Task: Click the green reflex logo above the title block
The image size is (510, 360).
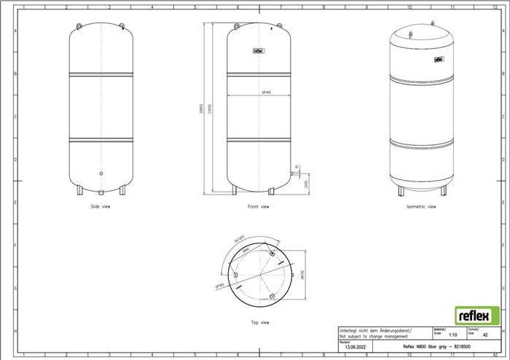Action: point(477,315)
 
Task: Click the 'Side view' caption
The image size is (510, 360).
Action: point(101,207)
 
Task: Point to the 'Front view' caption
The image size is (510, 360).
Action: point(258,207)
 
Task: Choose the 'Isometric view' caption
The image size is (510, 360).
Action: point(421,207)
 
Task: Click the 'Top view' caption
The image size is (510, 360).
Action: point(259,321)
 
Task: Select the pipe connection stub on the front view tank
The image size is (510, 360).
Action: point(293,173)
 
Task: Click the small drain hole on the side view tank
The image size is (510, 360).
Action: point(101,173)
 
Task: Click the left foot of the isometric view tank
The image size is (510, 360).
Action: point(399,191)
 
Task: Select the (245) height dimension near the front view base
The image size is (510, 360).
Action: point(307,184)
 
